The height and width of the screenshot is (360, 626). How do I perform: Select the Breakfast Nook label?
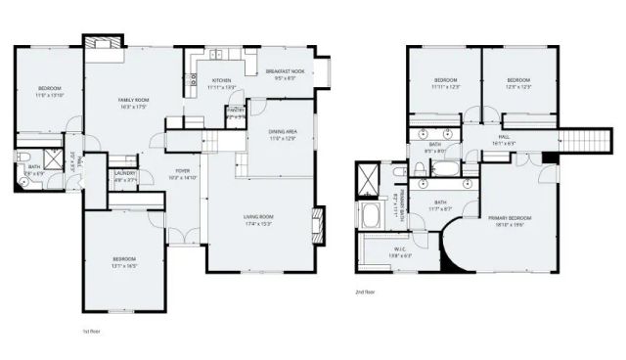tap(285, 72)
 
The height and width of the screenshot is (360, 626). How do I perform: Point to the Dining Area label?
tap(284, 132)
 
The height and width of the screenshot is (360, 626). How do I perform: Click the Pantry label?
tap(235, 111)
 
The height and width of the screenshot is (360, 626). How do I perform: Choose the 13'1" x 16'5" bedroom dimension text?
tap(124, 265)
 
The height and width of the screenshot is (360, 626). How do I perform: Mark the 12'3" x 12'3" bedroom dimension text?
tap(518, 87)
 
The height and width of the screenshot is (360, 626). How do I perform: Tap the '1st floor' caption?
tap(91, 332)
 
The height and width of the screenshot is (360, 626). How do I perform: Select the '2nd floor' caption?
tap(366, 291)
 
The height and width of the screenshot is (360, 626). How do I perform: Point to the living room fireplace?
tap(318, 224)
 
